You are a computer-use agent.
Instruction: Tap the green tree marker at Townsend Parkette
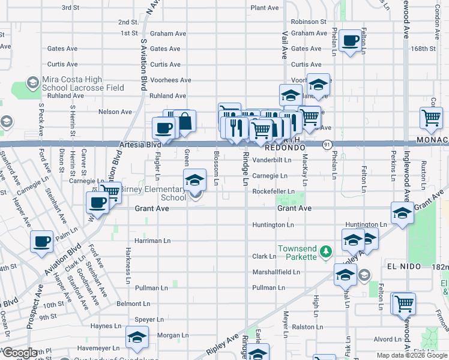click(325, 250)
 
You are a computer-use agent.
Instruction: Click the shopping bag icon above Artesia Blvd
click(185, 121)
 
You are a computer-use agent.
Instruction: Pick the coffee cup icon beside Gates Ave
click(350, 41)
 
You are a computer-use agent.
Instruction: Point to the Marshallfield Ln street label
click(276, 272)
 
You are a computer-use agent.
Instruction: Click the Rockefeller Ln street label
click(273, 191)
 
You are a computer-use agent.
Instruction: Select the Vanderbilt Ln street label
click(271, 160)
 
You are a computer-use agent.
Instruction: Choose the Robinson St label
click(308, 22)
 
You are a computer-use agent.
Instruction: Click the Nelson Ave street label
click(115, 112)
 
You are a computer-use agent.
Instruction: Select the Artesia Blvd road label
click(126, 145)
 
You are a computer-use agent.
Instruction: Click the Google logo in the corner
click(20, 353)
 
